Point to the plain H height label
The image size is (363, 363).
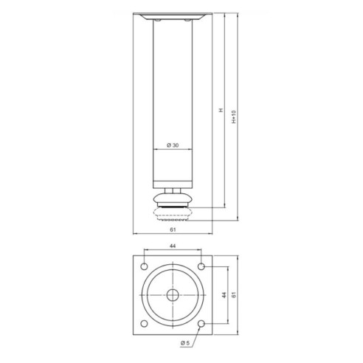coord(220,111)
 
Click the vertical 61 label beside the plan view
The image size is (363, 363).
coord(235,294)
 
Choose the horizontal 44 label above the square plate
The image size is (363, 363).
coord(172,246)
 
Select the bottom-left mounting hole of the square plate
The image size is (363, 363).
coord(145,322)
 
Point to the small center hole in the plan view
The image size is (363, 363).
coord(172,294)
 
